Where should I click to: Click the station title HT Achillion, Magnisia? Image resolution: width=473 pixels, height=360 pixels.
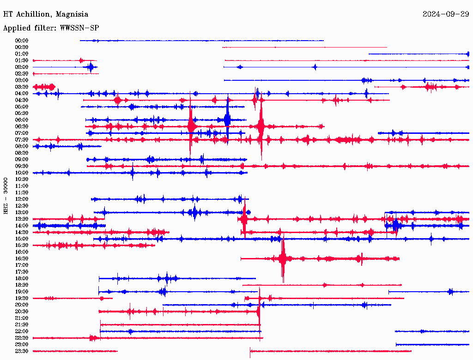tap(46, 14)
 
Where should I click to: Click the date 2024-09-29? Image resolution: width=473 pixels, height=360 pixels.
tap(446, 14)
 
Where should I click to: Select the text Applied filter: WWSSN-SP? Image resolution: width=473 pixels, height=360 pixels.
tap(51, 28)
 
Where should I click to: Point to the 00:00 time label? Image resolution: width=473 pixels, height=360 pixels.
tap(22, 41)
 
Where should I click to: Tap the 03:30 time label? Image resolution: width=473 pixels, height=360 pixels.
tap(22, 87)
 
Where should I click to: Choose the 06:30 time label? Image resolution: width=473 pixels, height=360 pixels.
tap(22, 126)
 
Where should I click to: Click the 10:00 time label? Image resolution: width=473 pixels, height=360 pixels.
tap(22, 173)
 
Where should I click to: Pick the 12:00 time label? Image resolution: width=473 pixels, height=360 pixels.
tap(22, 199)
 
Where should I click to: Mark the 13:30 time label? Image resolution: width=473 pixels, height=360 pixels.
tap(22, 219)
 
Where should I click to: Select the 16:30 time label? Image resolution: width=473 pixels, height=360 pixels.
tap(22, 258)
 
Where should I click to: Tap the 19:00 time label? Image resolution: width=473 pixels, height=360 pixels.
tap(22, 292)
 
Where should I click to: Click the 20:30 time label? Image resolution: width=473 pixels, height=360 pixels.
tap(22, 312)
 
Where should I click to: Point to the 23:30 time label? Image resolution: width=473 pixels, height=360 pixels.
tap(22, 351)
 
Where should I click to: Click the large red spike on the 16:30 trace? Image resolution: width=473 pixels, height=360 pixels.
tap(283, 258)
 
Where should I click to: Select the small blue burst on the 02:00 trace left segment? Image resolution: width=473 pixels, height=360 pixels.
tap(90, 67)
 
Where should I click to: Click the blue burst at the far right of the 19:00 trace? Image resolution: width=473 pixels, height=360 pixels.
tap(451, 292)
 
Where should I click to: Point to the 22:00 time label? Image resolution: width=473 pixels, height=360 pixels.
tap(22, 331)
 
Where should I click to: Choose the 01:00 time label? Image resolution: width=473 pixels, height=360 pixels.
tap(22, 54)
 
